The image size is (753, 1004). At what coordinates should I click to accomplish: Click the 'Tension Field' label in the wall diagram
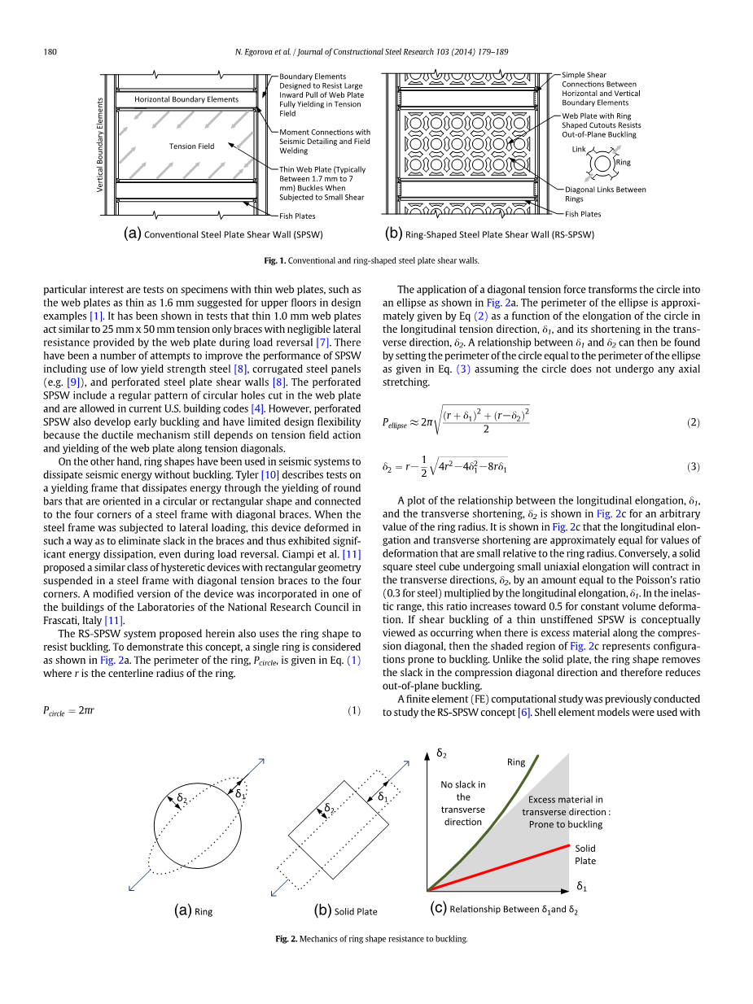[x=192, y=146]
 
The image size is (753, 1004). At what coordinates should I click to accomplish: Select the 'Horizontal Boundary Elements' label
[x=186, y=99]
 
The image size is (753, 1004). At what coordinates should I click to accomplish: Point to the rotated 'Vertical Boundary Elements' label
[x=100, y=145]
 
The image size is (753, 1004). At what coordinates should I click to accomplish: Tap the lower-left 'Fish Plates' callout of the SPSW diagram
[x=297, y=216]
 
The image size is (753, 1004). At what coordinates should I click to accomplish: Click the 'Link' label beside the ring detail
[x=579, y=150]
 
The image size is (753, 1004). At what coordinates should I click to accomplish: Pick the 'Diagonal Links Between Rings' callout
[x=605, y=194]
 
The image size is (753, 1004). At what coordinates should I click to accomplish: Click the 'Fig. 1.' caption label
[x=275, y=261]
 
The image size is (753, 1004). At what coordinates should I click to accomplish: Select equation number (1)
[x=354, y=710]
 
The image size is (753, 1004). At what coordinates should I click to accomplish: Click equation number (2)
[x=693, y=422]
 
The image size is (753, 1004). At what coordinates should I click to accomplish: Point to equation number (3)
[x=693, y=467]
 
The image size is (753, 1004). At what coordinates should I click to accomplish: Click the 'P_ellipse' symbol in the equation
[x=395, y=423]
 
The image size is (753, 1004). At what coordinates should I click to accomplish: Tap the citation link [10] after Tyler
[x=269, y=474]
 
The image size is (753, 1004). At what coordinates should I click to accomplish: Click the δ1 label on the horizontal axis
[x=582, y=885]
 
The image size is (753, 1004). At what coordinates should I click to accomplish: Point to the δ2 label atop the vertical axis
[x=441, y=753]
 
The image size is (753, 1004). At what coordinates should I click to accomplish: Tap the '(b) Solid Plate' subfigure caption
[x=345, y=911]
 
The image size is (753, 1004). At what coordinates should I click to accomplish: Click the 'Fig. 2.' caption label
[x=286, y=939]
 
